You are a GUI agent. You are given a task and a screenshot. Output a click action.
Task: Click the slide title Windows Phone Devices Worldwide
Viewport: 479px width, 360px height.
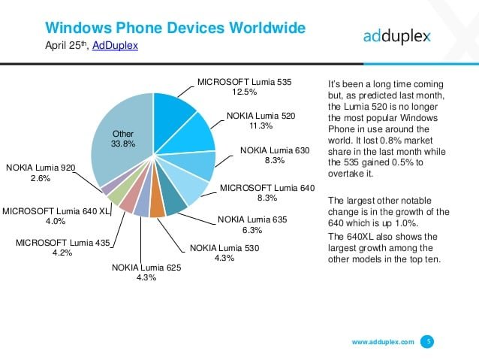pos(176,29)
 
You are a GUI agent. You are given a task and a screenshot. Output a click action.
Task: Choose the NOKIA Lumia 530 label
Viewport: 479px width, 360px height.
pos(224,247)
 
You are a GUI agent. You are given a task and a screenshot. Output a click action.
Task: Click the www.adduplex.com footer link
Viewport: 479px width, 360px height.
pos(383,341)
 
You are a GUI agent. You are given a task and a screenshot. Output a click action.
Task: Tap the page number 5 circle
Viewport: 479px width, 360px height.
pos(427,341)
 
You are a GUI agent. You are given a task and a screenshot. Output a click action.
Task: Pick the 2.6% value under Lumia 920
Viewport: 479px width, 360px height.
pos(40,177)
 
